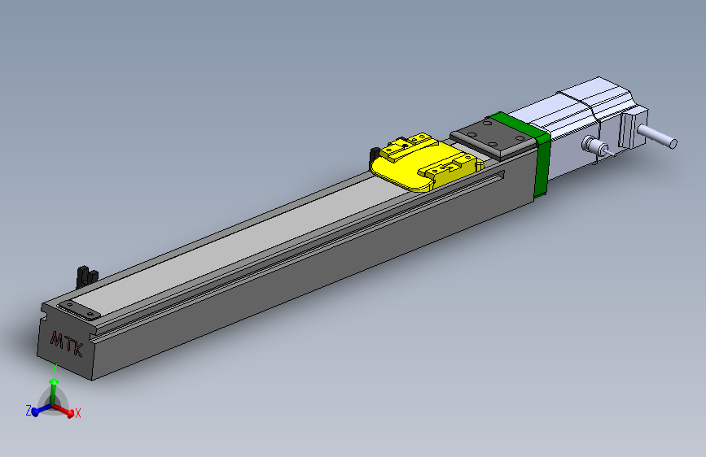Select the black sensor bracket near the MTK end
click(x=84, y=275)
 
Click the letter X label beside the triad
click(x=78, y=414)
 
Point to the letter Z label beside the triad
click(x=29, y=411)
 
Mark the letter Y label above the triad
click(x=54, y=367)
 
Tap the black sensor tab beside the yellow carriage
click(x=375, y=154)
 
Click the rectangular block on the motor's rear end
click(x=630, y=130)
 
